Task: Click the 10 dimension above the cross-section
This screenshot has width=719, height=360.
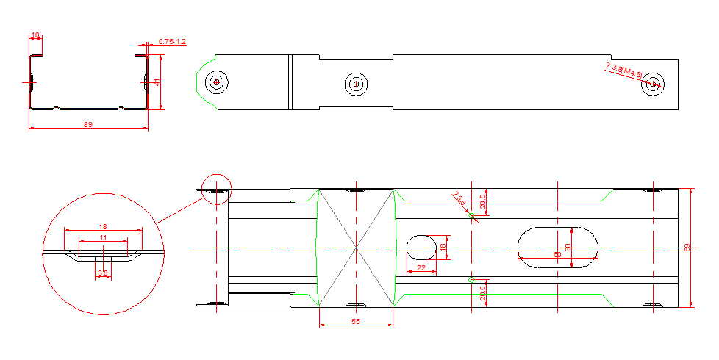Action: click(x=35, y=35)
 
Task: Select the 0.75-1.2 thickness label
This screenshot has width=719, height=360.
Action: click(x=172, y=42)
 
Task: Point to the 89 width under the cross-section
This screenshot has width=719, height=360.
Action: click(x=88, y=125)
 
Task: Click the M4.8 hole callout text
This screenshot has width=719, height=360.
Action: click(x=624, y=71)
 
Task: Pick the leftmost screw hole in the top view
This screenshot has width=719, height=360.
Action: click(x=216, y=82)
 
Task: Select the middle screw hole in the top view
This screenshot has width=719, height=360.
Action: click(x=356, y=84)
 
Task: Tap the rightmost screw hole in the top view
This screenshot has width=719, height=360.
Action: click(x=652, y=84)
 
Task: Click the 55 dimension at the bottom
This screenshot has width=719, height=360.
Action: click(x=356, y=322)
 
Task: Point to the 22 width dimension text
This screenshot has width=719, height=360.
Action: click(x=421, y=268)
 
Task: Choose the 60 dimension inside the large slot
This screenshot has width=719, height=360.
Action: click(x=557, y=254)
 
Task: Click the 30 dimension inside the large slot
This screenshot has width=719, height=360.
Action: click(x=568, y=248)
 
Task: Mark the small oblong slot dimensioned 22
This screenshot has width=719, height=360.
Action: click(x=421, y=248)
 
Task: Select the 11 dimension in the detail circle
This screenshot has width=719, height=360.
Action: click(x=103, y=237)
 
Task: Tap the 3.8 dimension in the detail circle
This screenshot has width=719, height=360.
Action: click(x=103, y=273)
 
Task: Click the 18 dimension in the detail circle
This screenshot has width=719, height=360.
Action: click(x=103, y=226)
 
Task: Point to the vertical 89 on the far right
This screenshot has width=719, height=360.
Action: click(x=687, y=248)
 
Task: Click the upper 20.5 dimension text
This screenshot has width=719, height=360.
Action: click(x=482, y=201)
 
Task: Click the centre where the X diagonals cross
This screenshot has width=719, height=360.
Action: click(x=356, y=248)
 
